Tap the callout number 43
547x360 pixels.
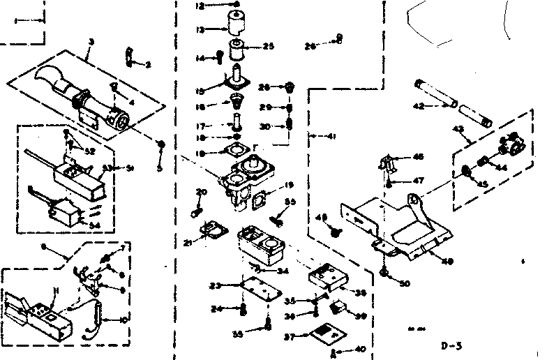click(x=458, y=130)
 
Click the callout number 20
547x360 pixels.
click(x=202, y=192)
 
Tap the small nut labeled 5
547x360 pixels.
click(x=161, y=145)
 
